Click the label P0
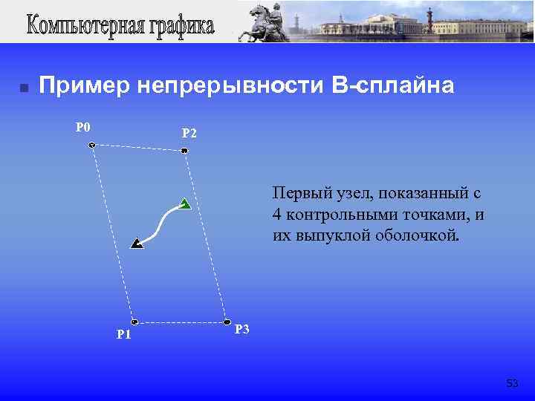pos(83,127)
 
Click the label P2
pos(189,134)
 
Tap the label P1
pos(124,334)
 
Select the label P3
pos(242,330)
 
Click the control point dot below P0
pos(91,146)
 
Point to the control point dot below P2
pos(184,151)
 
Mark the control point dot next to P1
pos(134,322)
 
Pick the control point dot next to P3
pos(227,322)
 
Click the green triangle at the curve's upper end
pos(184,204)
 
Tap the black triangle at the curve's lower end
pos(137,243)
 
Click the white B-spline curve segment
pos(160,223)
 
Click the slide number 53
pos(512,383)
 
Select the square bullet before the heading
pos(24,88)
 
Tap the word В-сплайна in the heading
pos(393,87)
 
